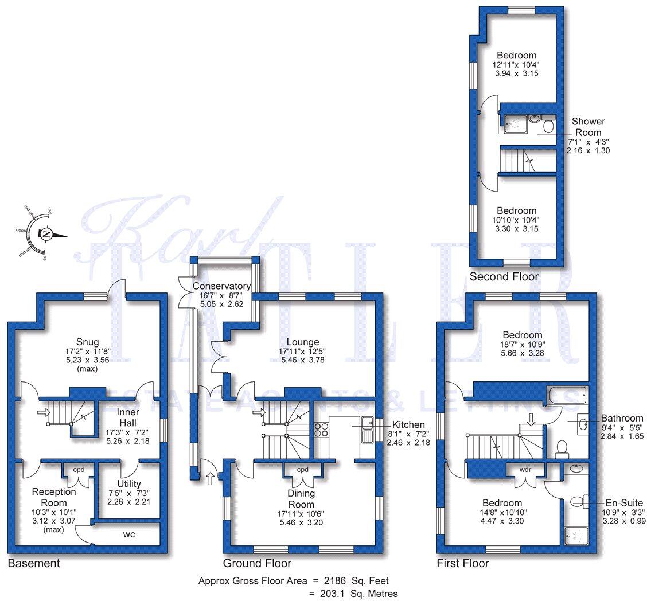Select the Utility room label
(x=128, y=484)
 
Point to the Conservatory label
(x=221, y=286)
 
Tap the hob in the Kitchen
(x=321, y=430)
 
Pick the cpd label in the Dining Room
(x=303, y=470)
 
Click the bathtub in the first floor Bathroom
(x=565, y=395)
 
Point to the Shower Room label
(x=588, y=127)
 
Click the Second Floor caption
(x=504, y=276)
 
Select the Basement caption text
(x=33, y=563)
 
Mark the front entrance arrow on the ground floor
(x=210, y=477)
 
